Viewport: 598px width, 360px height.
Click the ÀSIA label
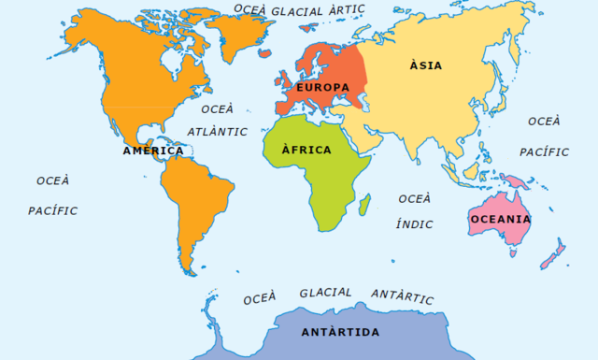425,65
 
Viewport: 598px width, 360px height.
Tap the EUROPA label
322,87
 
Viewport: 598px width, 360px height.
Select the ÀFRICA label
306,150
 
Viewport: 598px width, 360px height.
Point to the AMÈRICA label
152,151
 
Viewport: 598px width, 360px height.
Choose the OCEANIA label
500,219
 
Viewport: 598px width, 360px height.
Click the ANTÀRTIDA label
340,332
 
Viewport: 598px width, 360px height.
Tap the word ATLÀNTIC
217,132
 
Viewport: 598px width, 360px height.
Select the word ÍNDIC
414,223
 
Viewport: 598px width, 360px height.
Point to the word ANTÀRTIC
403,295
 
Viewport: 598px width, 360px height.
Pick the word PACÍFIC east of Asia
544,151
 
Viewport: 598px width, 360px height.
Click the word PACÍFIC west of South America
52,210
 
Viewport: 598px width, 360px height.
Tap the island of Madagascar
364,203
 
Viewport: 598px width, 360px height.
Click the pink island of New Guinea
514,181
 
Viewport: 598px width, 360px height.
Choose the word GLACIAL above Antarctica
325,293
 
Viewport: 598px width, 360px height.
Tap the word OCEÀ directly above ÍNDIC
414,198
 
